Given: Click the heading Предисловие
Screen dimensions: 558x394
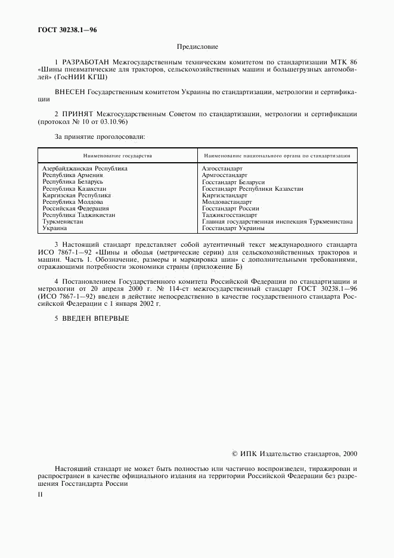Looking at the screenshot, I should point(197,46).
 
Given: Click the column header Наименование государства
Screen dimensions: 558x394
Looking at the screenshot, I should point(117,156).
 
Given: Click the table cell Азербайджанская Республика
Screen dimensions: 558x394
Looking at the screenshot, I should point(85,169).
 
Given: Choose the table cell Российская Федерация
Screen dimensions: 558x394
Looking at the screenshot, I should point(75,209).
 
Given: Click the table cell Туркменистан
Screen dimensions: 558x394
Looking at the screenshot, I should point(63,222).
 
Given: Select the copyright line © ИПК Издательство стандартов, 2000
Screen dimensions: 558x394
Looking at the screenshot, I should point(294,454).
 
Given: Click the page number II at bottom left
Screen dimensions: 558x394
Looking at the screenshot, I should point(40,494).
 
